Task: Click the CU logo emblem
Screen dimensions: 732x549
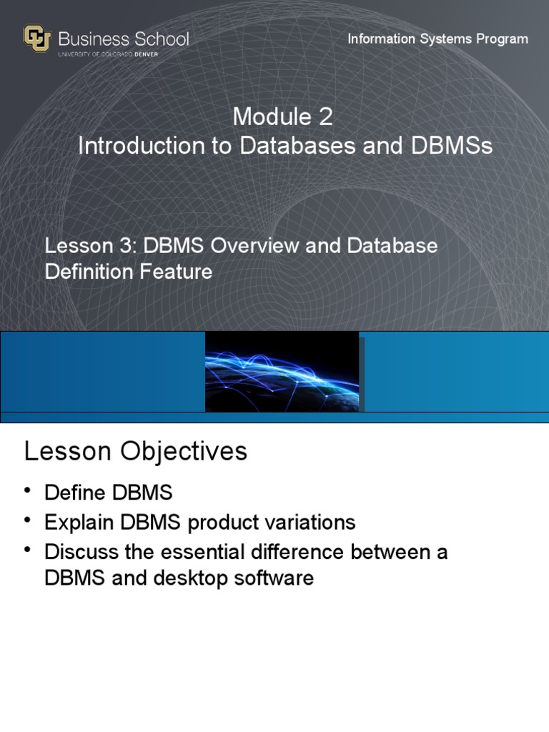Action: (x=37, y=39)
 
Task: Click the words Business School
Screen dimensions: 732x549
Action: (x=123, y=39)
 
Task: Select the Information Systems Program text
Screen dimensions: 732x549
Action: (x=437, y=39)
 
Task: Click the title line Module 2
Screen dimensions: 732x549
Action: (x=282, y=117)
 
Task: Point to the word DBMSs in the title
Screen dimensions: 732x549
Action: (x=451, y=146)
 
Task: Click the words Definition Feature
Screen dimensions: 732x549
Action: (x=129, y=272)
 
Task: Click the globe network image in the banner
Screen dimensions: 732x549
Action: (x=282, y=371)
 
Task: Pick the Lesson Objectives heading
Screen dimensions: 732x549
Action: (x=136, y=451)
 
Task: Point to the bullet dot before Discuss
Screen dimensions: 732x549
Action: (x=28, y=549)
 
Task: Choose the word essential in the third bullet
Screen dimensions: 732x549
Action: (x=229, y=552)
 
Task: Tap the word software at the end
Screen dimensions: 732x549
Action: (x=275, y=578)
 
